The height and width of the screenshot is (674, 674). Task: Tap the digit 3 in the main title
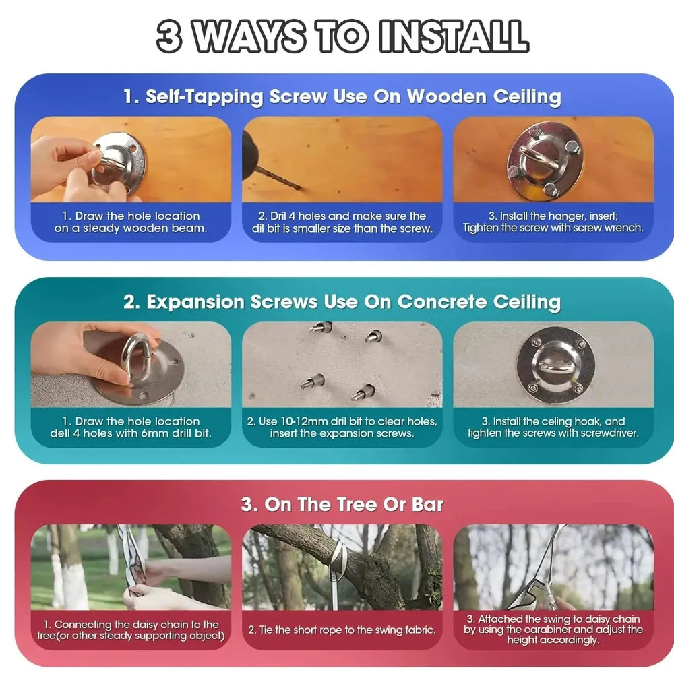click(x=170, y=36)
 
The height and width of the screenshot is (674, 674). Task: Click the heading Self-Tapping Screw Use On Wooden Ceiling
click(x=342, y=96)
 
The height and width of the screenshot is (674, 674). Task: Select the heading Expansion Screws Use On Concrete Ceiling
click(x=342, y=302)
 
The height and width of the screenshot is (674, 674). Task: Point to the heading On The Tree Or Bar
click(x=342, y=505)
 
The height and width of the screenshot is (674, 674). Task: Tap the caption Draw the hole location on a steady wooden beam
click(x=131, y=222)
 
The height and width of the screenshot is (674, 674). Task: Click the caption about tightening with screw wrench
click(x=553, y=222)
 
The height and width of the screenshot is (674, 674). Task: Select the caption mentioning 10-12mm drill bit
click(x=342, y=427)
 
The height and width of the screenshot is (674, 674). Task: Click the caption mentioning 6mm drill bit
click(x=131, y=427)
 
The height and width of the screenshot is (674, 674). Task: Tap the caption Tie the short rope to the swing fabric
click(x=342, y=630)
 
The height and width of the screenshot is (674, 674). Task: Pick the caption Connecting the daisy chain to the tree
click(x=131, y=630)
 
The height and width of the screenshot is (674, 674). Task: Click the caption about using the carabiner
click(x=553, y=630)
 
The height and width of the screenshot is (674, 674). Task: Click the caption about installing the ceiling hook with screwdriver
click(x=553, y=427)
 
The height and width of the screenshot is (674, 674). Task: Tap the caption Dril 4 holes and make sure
click(x=342, y=222)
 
